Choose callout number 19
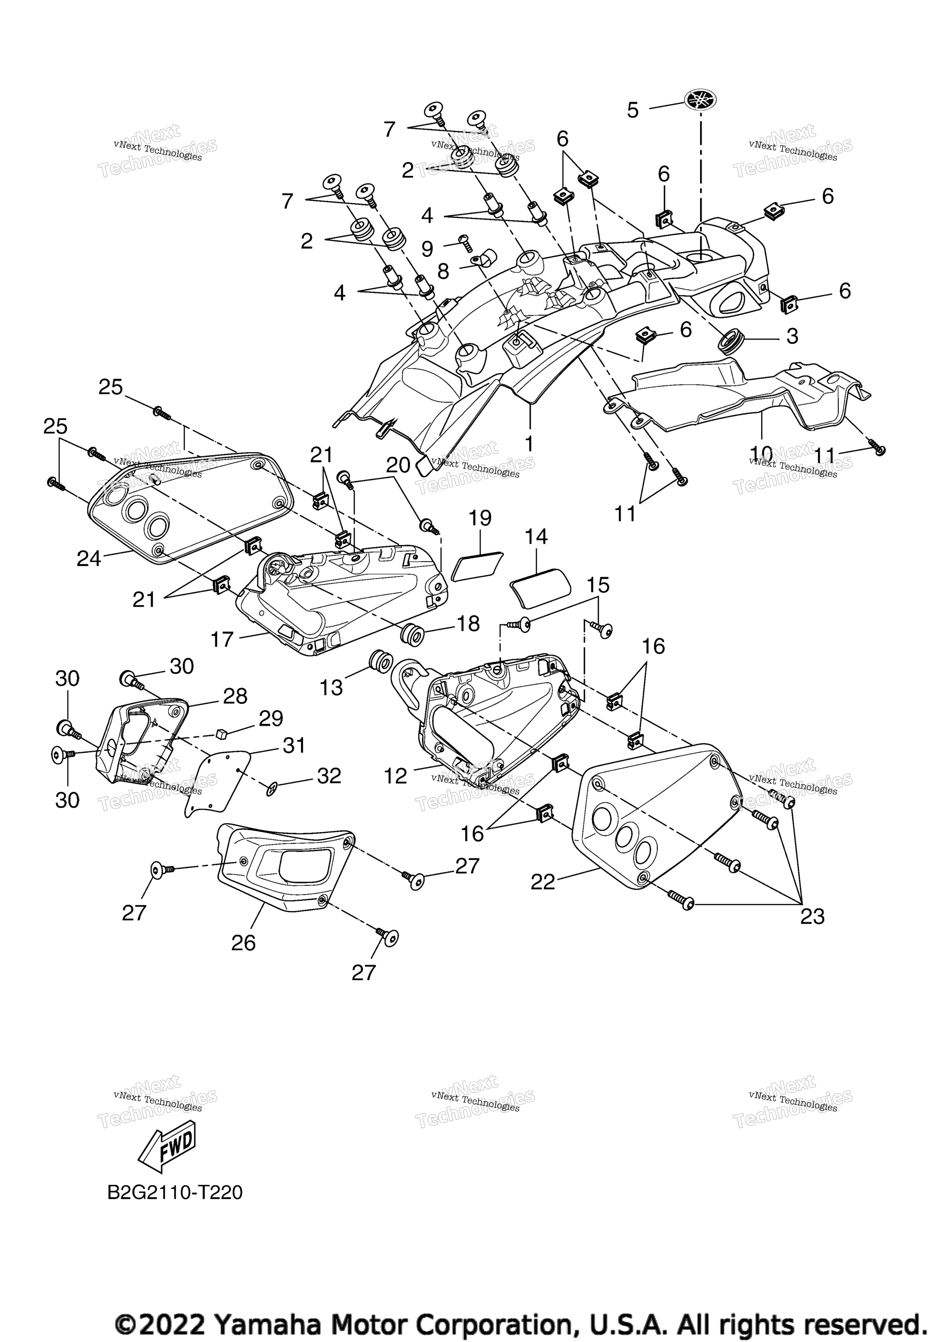(x=480, y=518)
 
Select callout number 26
(x=243, y=943)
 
